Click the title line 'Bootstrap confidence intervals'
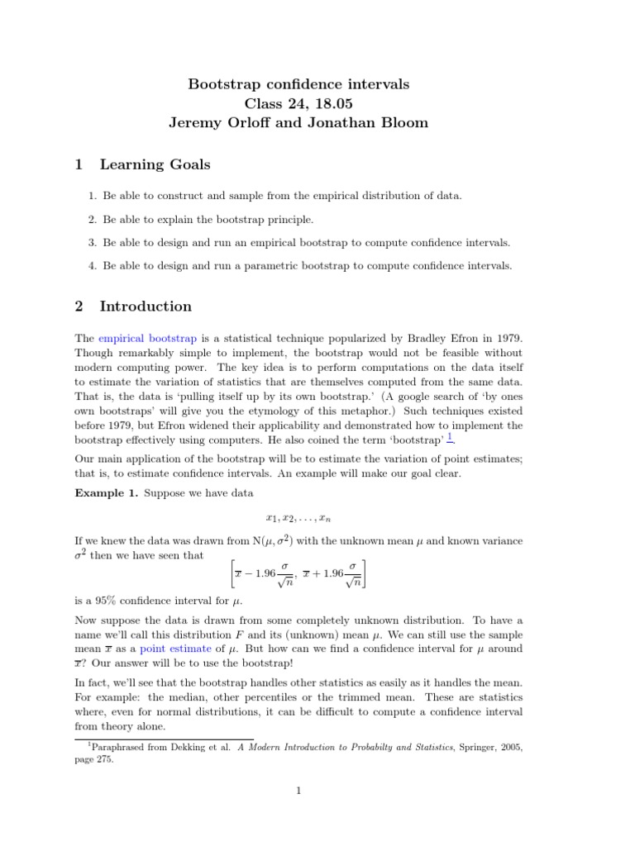pyautogui.click(x=299, y=84)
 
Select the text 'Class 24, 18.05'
pyautogui.click(x=298, y=103)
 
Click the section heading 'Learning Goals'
pyautogui.click(x=155, y=164)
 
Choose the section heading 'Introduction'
pyautogui.click(x=146, y=307)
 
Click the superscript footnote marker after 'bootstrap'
pyautogui.click(x=450, y=437)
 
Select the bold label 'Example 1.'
pyautogui.click(x=107, y=492)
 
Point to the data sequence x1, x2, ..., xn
pyautogui.click(x=298, y=518)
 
